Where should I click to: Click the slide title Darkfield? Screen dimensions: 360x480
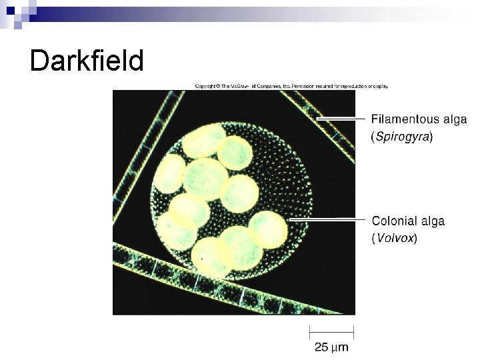[87, 61]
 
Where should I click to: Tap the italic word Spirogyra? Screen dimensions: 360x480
[401, 137]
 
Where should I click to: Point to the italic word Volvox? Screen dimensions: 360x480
[394, 238]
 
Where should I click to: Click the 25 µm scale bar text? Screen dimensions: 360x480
[331, 347]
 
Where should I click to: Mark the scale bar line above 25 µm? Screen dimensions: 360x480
[331, 331]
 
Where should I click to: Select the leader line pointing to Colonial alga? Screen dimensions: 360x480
[327, 219]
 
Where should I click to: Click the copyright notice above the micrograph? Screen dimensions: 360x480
[291, 86]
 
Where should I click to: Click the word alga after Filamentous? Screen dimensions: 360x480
[453, 120]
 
